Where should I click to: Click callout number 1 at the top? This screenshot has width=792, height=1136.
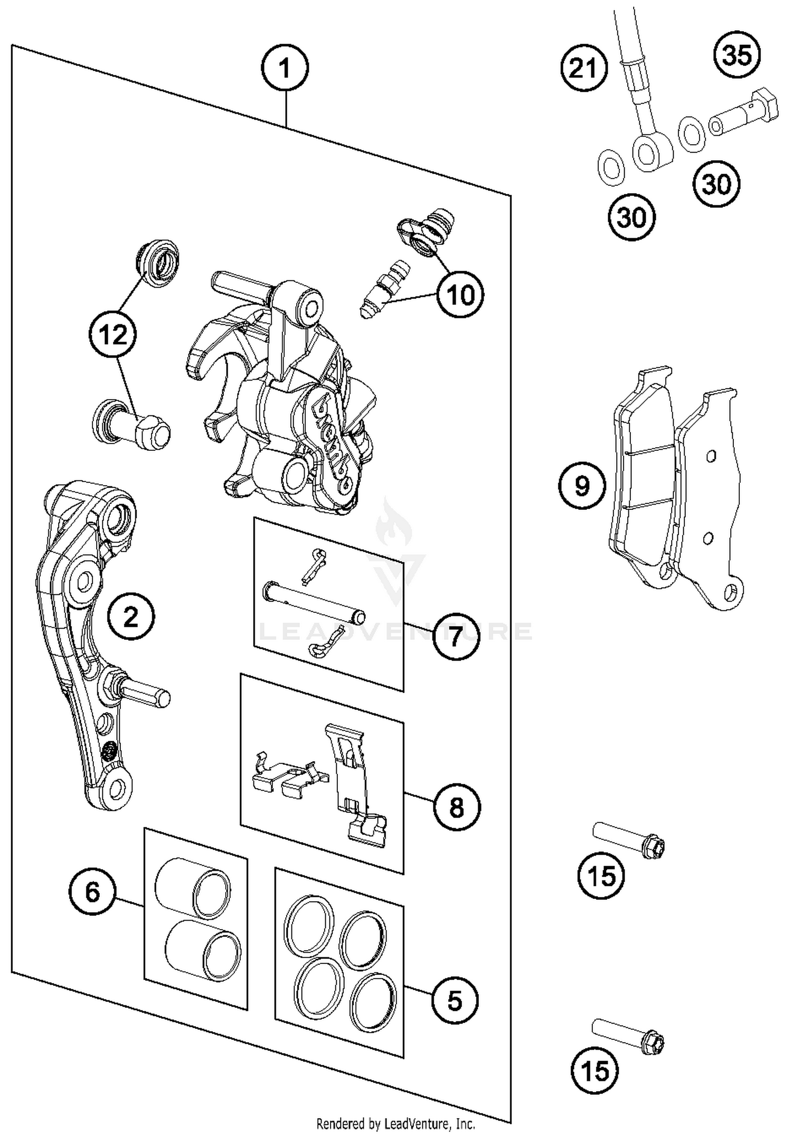pos(285,69)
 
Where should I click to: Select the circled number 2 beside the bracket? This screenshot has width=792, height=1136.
pos(131,616)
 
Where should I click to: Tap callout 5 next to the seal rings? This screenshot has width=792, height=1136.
pos(455,1001)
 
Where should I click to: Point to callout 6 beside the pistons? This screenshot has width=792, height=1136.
pos(92,892)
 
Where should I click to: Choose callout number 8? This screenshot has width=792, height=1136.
pos(457,807)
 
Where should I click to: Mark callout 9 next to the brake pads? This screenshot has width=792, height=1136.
pos(582,485)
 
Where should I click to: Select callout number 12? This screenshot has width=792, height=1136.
pos(113,335)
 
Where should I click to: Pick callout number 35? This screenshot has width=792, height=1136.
pos(737,55)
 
